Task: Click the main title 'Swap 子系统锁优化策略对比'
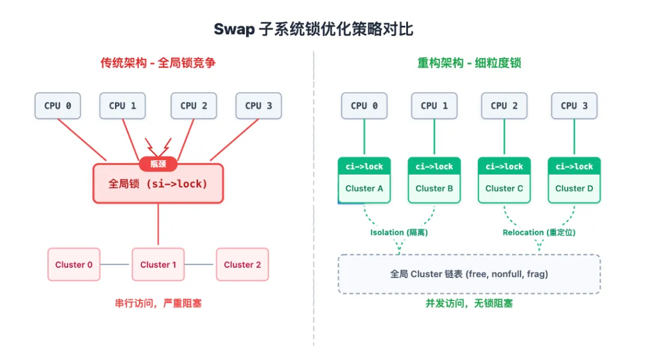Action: (314, 29)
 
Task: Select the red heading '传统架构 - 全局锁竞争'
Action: (158, 63)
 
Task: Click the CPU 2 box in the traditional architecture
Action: (193, 105)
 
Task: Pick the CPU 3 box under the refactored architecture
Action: (574, 105)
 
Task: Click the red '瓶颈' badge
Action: (158, 163)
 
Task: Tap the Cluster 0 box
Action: (74, 264)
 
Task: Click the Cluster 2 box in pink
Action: (242, 264)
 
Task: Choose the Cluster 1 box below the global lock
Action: (158, 264)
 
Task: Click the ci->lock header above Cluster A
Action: (364, 166)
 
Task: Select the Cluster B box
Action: (434, 188)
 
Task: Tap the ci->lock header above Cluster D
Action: (574, 166)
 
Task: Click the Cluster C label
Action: (504, 188)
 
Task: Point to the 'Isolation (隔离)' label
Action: (398, 232)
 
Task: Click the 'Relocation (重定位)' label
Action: (539, 232)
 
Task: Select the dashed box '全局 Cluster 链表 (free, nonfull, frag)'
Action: (469, 274)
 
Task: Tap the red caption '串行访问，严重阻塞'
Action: (158, 303)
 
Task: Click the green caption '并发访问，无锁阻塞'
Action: (469, 303)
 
